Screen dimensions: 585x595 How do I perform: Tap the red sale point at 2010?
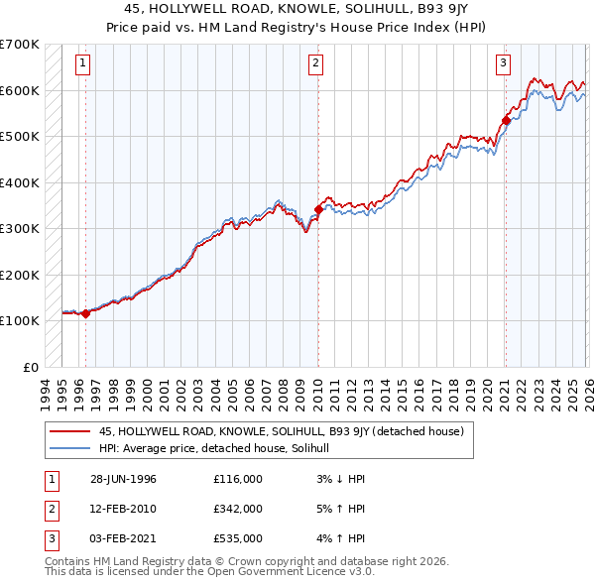318,209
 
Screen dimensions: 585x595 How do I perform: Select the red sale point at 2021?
506,121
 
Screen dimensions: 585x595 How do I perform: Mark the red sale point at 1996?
85,313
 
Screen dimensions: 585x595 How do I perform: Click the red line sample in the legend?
71,431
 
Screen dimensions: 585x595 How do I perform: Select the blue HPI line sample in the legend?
71,448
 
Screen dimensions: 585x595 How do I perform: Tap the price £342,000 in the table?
238,509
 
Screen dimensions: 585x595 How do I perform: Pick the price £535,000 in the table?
238,538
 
